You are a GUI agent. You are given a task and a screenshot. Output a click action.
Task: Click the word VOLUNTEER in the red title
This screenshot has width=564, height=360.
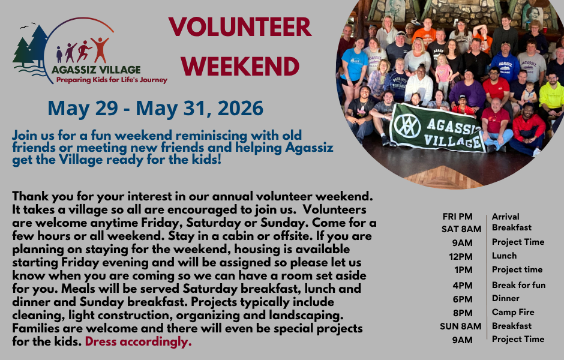(x=239, y=28)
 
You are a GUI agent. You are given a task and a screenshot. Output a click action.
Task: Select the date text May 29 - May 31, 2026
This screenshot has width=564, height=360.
(x=155, y=109)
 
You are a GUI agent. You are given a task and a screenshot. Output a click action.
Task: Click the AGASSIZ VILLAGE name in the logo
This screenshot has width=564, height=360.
(x=96, y=69)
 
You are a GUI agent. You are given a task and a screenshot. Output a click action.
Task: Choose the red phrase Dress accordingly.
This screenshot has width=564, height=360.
(x=138, y=342)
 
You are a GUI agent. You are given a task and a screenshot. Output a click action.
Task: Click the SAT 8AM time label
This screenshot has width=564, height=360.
(x=461, y=229)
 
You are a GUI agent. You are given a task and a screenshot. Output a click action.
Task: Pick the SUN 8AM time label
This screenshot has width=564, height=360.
(x=461, y=326)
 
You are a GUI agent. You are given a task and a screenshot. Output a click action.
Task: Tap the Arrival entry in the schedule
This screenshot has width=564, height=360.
(x=505, y=217)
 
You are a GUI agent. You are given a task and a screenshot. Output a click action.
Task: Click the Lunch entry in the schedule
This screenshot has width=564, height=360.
(x=504, y=256)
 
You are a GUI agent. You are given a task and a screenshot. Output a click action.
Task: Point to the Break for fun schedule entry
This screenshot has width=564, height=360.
(x=518, y=285)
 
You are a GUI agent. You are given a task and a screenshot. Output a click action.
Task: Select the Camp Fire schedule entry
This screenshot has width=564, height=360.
(x=513, y=312)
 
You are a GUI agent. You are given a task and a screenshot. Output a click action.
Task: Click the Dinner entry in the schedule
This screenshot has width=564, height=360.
(x=505, y=298)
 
